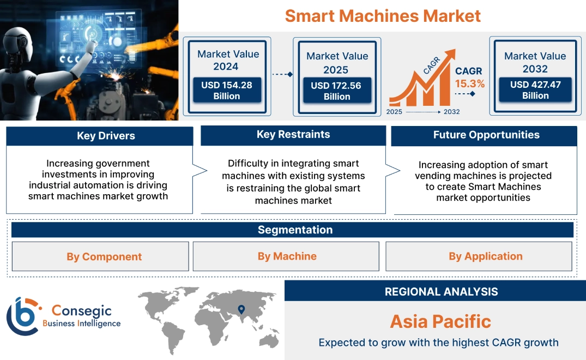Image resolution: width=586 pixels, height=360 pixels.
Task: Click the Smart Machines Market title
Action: [x=383, y=15]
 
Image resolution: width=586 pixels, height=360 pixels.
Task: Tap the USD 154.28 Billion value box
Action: [x=226, y=91]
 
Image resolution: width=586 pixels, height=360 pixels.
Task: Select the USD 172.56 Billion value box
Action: [x=337, y=91]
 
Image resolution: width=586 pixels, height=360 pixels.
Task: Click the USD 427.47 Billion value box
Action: [x=535, y=90]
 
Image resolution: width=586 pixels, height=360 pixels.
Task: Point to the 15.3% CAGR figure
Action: [x=469, y=84]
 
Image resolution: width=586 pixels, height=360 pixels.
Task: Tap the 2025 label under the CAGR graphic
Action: [x=395, y=112]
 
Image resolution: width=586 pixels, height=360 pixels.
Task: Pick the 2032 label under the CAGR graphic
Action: [x=451, y=112]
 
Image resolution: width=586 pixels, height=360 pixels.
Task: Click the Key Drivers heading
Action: [x=106, y=136]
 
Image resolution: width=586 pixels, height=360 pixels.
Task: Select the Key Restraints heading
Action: [x=293, y=135]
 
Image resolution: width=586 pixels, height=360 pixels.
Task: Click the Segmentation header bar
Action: [x=295, y=230]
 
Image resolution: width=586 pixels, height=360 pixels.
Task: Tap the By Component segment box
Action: [x=104, y=256]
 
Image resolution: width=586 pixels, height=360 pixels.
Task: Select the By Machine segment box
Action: [x=287, y=256]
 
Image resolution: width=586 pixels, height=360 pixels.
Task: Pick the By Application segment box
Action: [x=485, y=256]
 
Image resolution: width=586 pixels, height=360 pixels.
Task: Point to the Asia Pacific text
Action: [x=440, y=321]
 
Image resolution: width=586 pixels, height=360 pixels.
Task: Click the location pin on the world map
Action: [x=241, y=310]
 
